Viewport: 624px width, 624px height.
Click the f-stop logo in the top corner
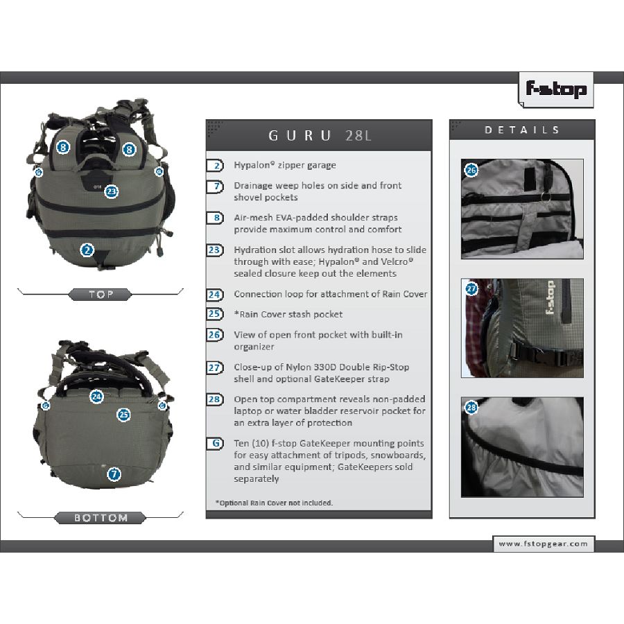556,89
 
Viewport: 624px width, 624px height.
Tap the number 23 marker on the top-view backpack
112,192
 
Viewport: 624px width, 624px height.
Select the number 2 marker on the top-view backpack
87,250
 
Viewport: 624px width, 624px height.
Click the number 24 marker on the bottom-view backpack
96,397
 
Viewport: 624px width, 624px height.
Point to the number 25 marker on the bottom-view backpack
124,415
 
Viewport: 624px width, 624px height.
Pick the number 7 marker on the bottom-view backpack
114,474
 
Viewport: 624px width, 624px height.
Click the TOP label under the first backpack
101,295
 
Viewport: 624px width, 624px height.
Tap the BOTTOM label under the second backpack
101,518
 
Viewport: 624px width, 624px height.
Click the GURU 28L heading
320,136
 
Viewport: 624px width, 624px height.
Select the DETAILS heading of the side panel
521,130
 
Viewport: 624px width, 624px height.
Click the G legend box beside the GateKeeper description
216,443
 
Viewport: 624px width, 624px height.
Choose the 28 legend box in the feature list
215,399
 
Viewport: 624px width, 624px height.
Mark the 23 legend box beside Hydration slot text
215,250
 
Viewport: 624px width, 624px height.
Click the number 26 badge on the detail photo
471,170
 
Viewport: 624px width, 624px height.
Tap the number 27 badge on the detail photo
471,288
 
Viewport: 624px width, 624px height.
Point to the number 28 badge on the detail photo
471,407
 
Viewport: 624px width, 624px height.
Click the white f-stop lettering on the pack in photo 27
550,297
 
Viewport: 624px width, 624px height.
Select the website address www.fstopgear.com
543,544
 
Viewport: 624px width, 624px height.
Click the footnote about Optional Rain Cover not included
274,503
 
